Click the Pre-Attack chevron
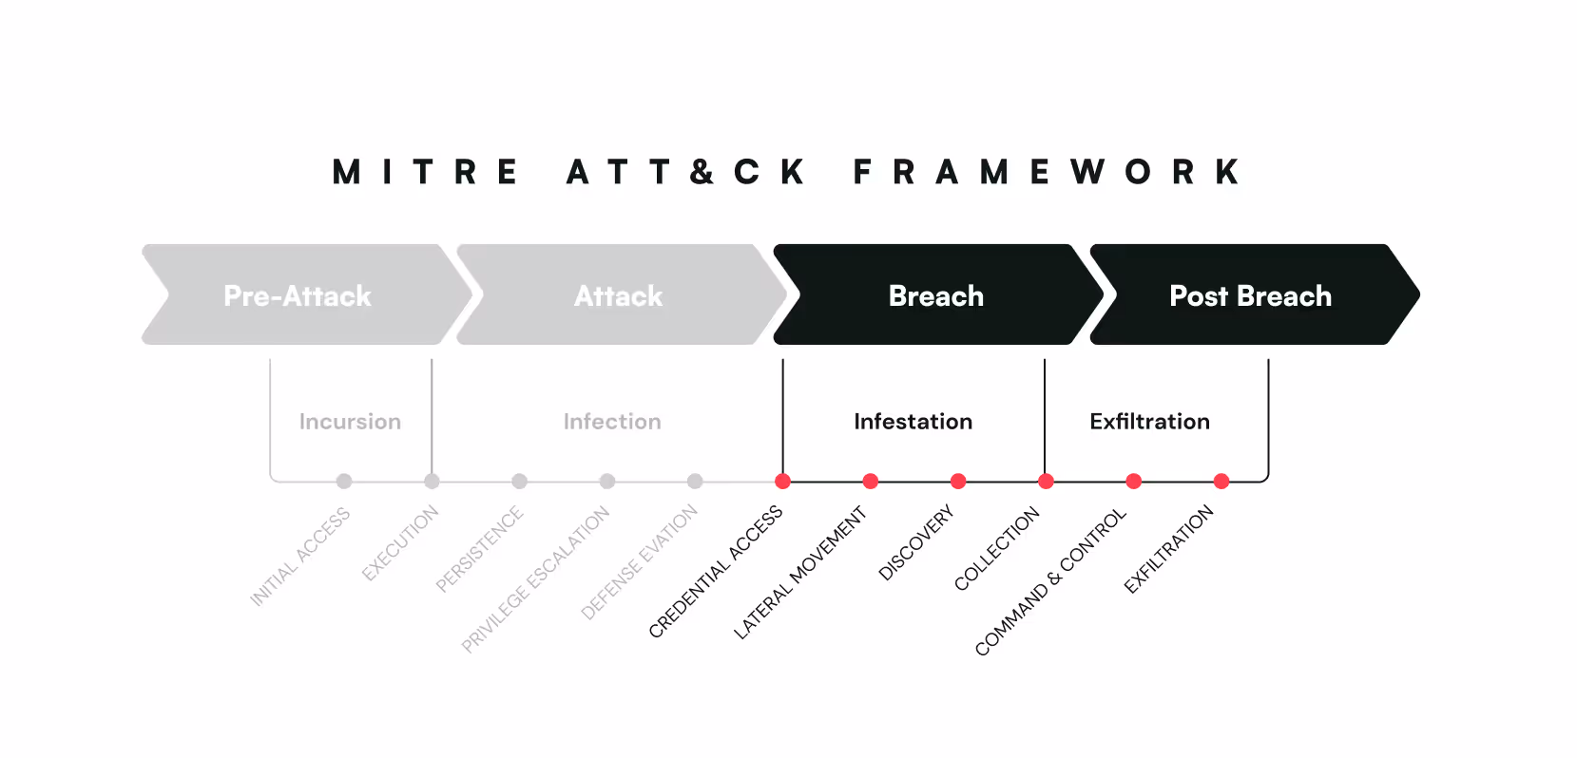coord(298,295)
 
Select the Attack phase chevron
coord(618,295)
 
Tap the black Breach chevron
coord(935,295)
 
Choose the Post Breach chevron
coord(1250,295)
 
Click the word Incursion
coord(350,422)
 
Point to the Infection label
coord(612,422)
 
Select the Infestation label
coord(913,422)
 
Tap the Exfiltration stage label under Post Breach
coord(1149,422)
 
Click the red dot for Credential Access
coord(782,482)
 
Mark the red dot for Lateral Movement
coord(870,482)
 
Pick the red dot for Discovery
coord(958,482)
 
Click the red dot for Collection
coord(1046,482)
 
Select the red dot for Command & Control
coord(1133,482)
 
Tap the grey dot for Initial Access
coord(344,482)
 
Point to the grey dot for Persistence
coord(519,482)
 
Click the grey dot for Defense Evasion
coord(695,482)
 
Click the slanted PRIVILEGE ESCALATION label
coord(536,579)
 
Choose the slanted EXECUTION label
coord(400,542)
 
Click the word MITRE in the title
coord(426,172)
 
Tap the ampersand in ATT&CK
coord(702,172)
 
